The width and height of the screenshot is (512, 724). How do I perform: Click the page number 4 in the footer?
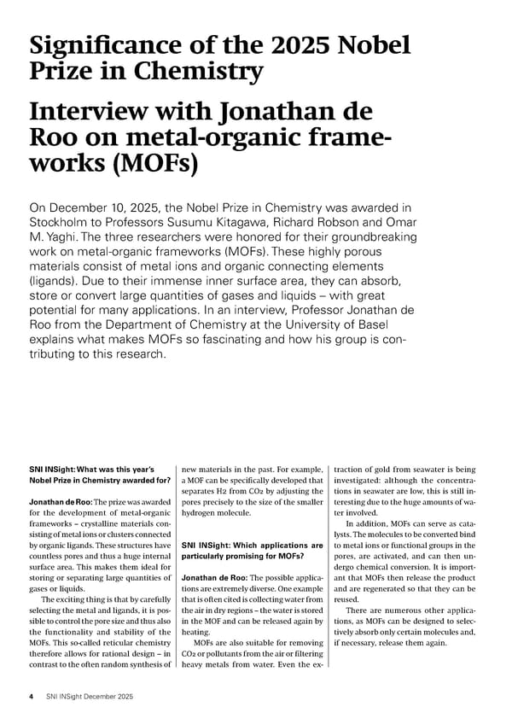[32, 697]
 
